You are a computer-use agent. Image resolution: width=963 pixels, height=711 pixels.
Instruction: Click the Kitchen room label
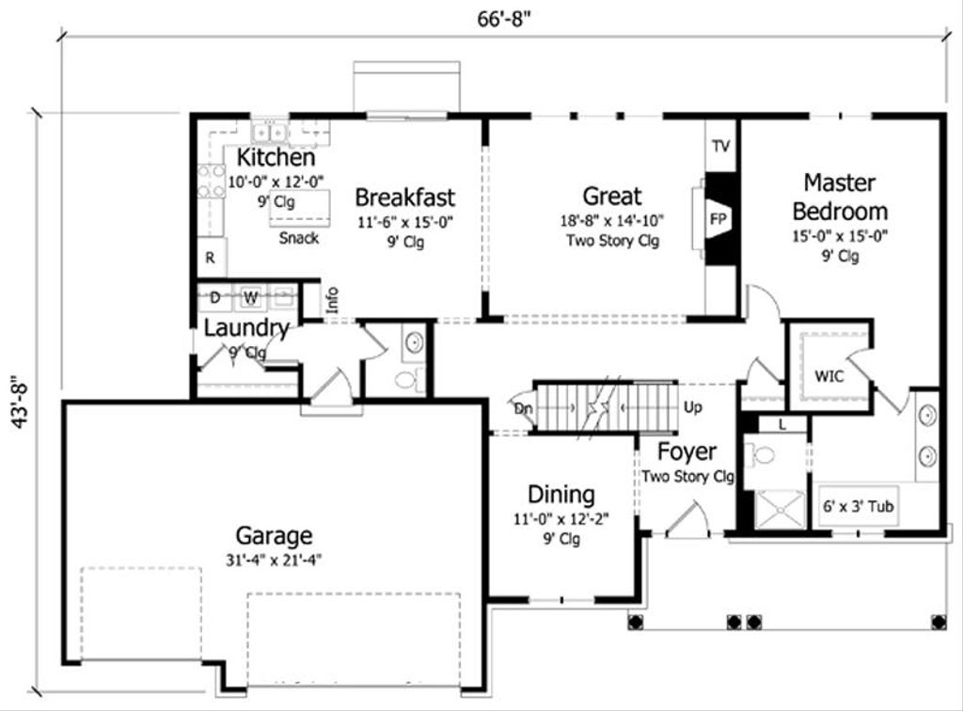click(276, 157)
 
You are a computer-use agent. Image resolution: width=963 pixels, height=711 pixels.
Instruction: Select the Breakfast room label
click(404, 197)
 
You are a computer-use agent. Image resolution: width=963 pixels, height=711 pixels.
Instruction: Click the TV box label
click(720, 146)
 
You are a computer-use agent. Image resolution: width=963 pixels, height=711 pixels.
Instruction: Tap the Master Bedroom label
click(839, 196)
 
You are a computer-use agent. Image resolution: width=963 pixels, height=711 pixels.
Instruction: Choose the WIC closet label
click(829, 376)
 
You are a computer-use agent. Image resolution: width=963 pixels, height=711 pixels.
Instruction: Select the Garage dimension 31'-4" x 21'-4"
click(274, 559)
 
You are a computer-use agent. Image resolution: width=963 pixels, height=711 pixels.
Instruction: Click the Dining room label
click(560, 495)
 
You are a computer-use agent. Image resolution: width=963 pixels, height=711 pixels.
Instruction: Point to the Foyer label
click(687, 451)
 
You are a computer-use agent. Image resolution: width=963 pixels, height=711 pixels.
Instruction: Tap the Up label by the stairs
click(693, 409)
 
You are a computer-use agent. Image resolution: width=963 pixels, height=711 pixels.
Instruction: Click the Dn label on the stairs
click(524, 409)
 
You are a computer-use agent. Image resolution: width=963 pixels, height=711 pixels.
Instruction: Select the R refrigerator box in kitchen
click(210, 258)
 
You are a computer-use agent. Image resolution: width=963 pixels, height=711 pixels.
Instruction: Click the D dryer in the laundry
click(215, 298)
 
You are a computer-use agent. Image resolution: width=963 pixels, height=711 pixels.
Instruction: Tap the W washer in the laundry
click(251, 298)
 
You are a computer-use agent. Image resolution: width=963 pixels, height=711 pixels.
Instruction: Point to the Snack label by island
click(299, 238)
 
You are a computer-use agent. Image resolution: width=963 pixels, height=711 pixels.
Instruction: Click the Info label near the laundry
click(331, 300)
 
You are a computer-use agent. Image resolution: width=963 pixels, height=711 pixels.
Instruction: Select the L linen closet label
click(782, 424)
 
